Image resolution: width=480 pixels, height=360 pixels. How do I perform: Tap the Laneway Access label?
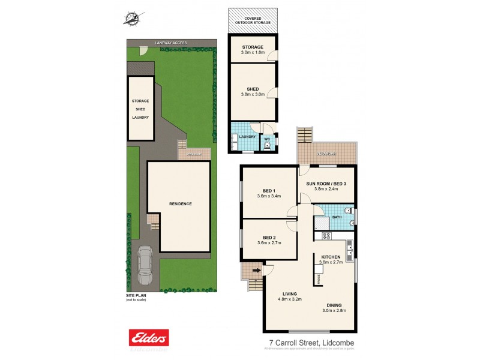171,43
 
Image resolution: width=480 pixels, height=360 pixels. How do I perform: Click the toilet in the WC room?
267,144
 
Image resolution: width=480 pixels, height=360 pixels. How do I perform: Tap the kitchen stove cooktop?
326,236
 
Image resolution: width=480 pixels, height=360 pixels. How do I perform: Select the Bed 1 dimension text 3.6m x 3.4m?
269,196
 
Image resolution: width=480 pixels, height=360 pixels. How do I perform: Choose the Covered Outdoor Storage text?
253,21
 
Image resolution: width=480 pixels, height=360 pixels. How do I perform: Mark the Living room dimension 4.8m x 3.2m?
289,299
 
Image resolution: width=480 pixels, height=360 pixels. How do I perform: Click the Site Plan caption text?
136,295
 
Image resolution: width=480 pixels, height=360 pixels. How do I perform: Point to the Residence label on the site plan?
179,204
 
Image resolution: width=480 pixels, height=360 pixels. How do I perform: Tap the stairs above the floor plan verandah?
305,135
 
